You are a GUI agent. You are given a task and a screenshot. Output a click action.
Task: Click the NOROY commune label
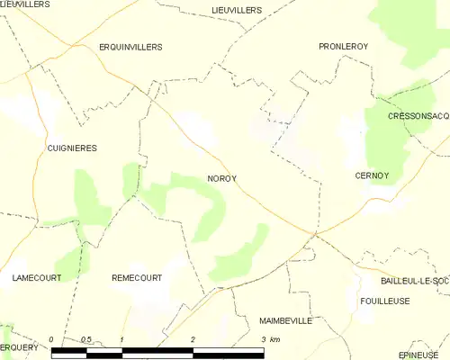point(221,178)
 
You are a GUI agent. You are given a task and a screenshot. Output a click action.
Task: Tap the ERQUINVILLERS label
point(130,47)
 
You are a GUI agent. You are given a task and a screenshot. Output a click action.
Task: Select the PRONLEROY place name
point(344,45)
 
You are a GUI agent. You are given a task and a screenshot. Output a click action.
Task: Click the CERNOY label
point(372,176)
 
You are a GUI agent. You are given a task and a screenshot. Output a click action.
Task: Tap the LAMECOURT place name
point(37,278)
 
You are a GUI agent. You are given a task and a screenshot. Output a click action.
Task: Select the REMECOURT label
point(137,278)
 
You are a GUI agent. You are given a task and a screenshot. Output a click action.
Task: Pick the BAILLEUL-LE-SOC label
point(415,281)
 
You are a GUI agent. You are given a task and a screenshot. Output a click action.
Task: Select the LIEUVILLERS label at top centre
point(236,10)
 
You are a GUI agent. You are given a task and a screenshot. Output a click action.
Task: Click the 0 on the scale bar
point(51,339)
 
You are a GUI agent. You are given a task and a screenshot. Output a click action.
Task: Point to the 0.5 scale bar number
point(85,339)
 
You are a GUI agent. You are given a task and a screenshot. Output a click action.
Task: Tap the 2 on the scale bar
point(193,339)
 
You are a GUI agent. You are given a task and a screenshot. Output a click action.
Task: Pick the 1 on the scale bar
point(121,339)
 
